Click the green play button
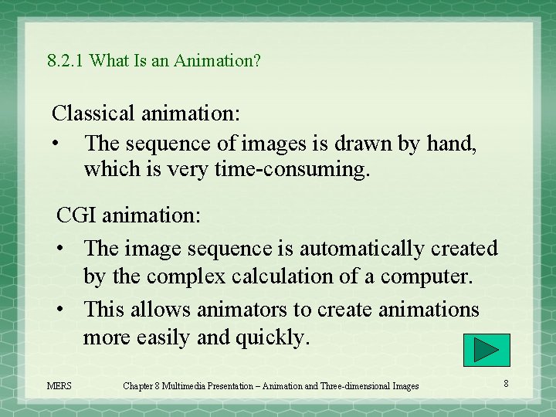click(x=486, y=350)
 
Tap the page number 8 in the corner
click(x=506, y=384)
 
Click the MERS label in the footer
click(x=59, y=385)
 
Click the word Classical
click(x=93, y=114)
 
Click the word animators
click(x=241, y=310)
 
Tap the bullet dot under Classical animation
click(x=56, y=144)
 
